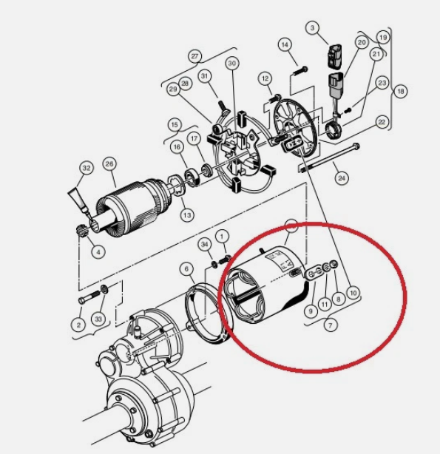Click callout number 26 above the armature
(109, 164)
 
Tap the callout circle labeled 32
(87, 169)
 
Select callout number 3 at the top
(312, 28)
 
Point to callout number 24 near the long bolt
(342, 177)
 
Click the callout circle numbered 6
(186, 269)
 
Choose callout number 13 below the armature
(187, 215)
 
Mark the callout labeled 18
(400, 92)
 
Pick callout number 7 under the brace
(331, 326)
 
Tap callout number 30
(232, 63)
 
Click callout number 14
(285, 44)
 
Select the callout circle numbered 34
(205, 245)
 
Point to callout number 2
(78, 325)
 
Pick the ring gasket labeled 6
(208, 314)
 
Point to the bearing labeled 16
(192, 176)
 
